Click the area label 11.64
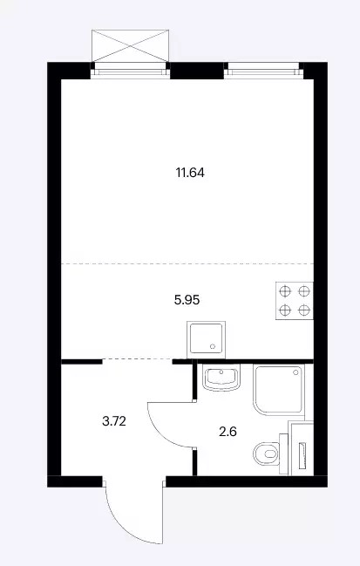coord(190,173)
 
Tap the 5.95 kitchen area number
coord(187,300)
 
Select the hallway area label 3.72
coord(114,421)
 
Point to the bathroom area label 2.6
coord(228,432)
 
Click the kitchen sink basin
coord(206,339)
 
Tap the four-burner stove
coord(295,300)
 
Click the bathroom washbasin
coord(221,378)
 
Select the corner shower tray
coord(278,390)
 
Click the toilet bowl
coord(267,453)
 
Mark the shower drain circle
coord(296,372)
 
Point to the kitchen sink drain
coord(213,346)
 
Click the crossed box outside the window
coord(130,45)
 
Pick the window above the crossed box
coord(130,70)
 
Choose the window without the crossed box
coord(264,70)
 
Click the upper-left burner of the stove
coord(285,290)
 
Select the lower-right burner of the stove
coord(304,310)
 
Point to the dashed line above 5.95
coord(187,264)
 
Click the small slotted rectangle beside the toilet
coord(302,456)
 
